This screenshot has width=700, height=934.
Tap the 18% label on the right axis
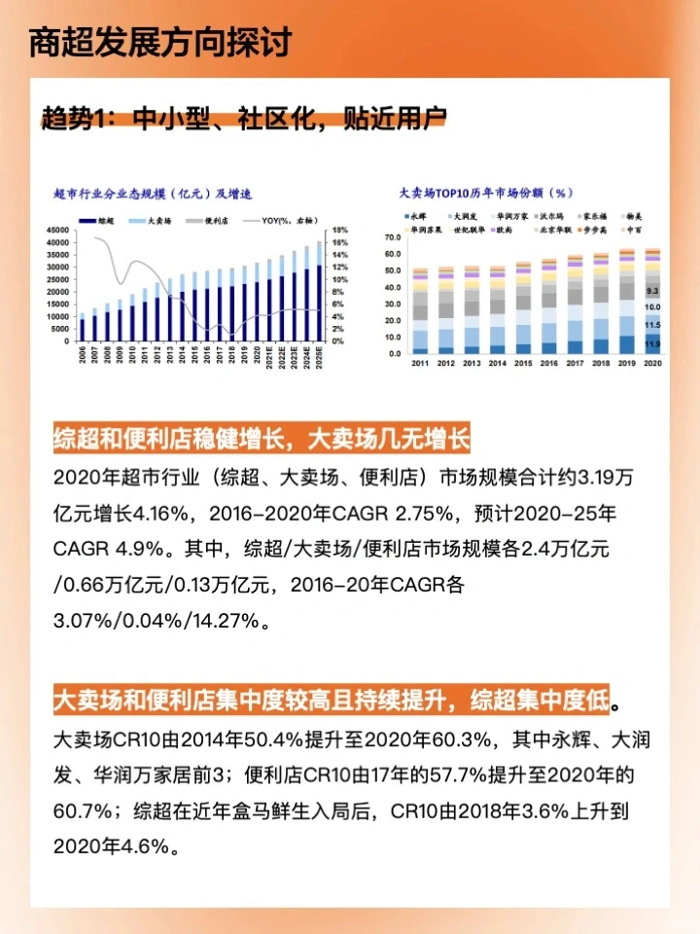pyautogui.click(x=339, y=230)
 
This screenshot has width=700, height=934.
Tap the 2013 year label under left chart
pyautogui.click(x=169, y=356)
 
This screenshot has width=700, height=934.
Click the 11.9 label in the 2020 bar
pyautogui.click(x=652, y=344)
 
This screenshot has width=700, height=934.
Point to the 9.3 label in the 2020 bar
pyautogui.click(x=652, y=291)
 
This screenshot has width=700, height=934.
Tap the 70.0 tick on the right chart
pyautogui.click(x=391, y=237)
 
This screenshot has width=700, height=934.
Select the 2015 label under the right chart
pyautogui.click(x=523, y=363)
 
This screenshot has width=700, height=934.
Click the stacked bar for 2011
pyautogui.click(x=420, y=311)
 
